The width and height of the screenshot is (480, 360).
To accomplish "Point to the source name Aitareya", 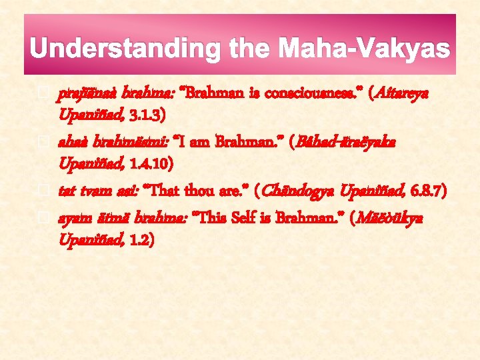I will coord(405,94).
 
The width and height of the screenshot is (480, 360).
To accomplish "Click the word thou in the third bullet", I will coord(205,193).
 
